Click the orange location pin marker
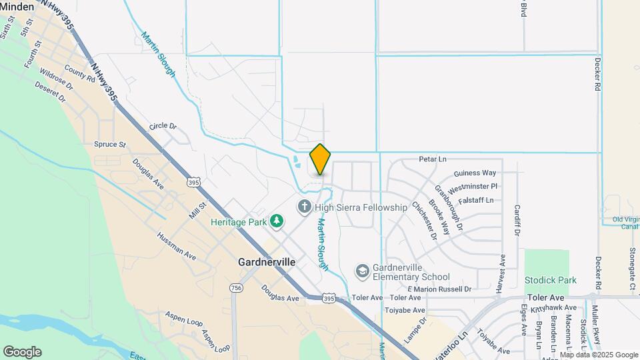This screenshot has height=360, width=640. [321, 159]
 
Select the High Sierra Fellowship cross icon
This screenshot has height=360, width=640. [305, 207]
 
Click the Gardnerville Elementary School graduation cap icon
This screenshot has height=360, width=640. [362, 271]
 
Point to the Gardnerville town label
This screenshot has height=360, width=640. [267, 263]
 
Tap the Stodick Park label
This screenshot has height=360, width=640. [550, 280]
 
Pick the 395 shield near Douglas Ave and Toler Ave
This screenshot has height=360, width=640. [329, 299]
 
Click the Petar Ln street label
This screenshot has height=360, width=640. [433, 160]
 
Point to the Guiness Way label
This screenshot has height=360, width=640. [475, 173]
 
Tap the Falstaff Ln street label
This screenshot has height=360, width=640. [476, 200]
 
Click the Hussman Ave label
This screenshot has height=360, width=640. [177, 245]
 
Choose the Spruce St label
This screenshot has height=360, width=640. [110, 144]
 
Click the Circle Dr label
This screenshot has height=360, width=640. [163, 125]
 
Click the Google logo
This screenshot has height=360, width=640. [22, 352]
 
